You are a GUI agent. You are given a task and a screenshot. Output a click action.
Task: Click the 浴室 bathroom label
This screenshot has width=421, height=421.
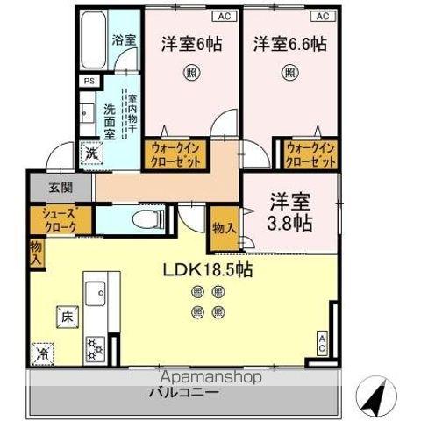tap(123, 40)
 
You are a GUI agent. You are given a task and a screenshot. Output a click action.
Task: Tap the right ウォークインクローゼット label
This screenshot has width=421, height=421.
tap(310, 155)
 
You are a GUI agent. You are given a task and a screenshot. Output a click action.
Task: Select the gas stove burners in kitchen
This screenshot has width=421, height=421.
tap(94, 349)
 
